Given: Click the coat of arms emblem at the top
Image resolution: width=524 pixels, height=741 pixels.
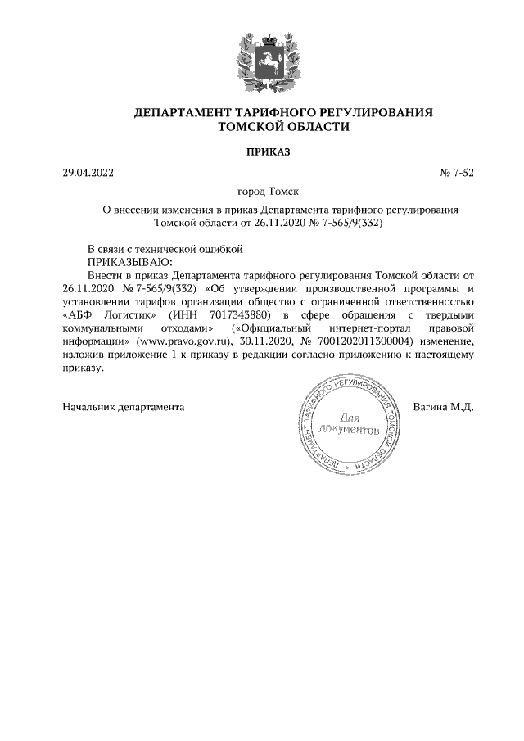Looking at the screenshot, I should (x=262, y=59).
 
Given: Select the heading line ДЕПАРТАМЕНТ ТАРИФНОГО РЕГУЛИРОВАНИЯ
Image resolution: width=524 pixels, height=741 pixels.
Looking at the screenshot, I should (x=282, y=111).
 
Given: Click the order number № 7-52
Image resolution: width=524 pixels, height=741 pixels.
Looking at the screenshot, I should (x=458, y=173).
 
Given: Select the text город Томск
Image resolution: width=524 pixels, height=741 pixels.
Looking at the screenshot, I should (x=269, y=192).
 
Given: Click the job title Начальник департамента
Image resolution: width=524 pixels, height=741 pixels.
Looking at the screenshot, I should (x=123, y=406).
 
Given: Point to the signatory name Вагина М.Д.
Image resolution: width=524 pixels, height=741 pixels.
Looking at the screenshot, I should (x=444, y=406).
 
